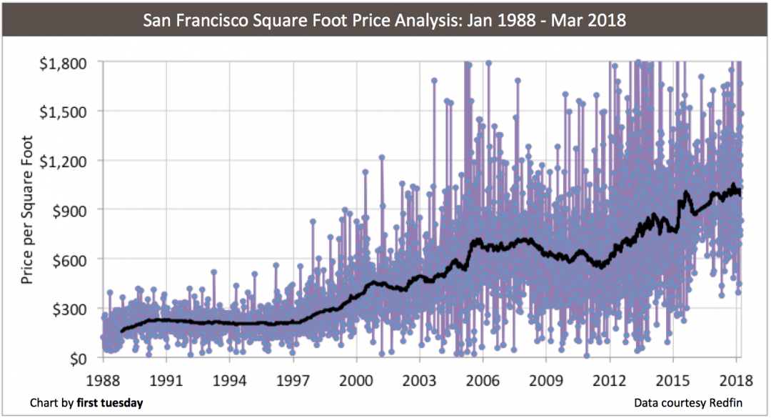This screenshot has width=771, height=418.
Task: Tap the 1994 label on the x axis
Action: pyautogui.click(x=229, y=379)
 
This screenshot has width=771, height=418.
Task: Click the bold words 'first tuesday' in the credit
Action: pyautogui.click(x=110, y=403)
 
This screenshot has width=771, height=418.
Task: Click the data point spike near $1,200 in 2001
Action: pyautogui.click(x=382, y=157)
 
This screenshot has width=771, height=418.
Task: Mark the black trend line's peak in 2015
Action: pyautogui.click(x=685, y=191)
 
